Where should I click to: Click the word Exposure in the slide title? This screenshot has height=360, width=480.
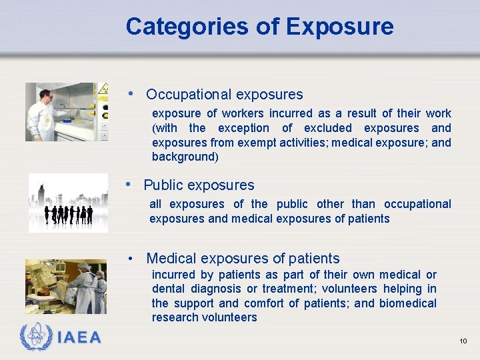[x=339, y=27]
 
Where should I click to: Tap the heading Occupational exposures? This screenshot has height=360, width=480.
[x=224, y=95]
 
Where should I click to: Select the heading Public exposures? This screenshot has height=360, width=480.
[x=199, y=185]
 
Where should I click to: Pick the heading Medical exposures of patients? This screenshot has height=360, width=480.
[x=243, y=259]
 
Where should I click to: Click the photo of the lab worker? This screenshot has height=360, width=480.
[x=66, y=112]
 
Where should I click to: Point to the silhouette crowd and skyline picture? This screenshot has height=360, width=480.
[x=67, y=203]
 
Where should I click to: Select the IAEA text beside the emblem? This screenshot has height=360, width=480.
[x=79, y=338]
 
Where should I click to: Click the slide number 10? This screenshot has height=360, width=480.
[x=463, y=341]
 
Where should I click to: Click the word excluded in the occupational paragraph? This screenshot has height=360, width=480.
[x=327, y=128]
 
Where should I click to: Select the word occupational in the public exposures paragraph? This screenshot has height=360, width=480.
[x=417, y=204]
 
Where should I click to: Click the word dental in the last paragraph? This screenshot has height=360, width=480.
[x=169, y=289]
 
